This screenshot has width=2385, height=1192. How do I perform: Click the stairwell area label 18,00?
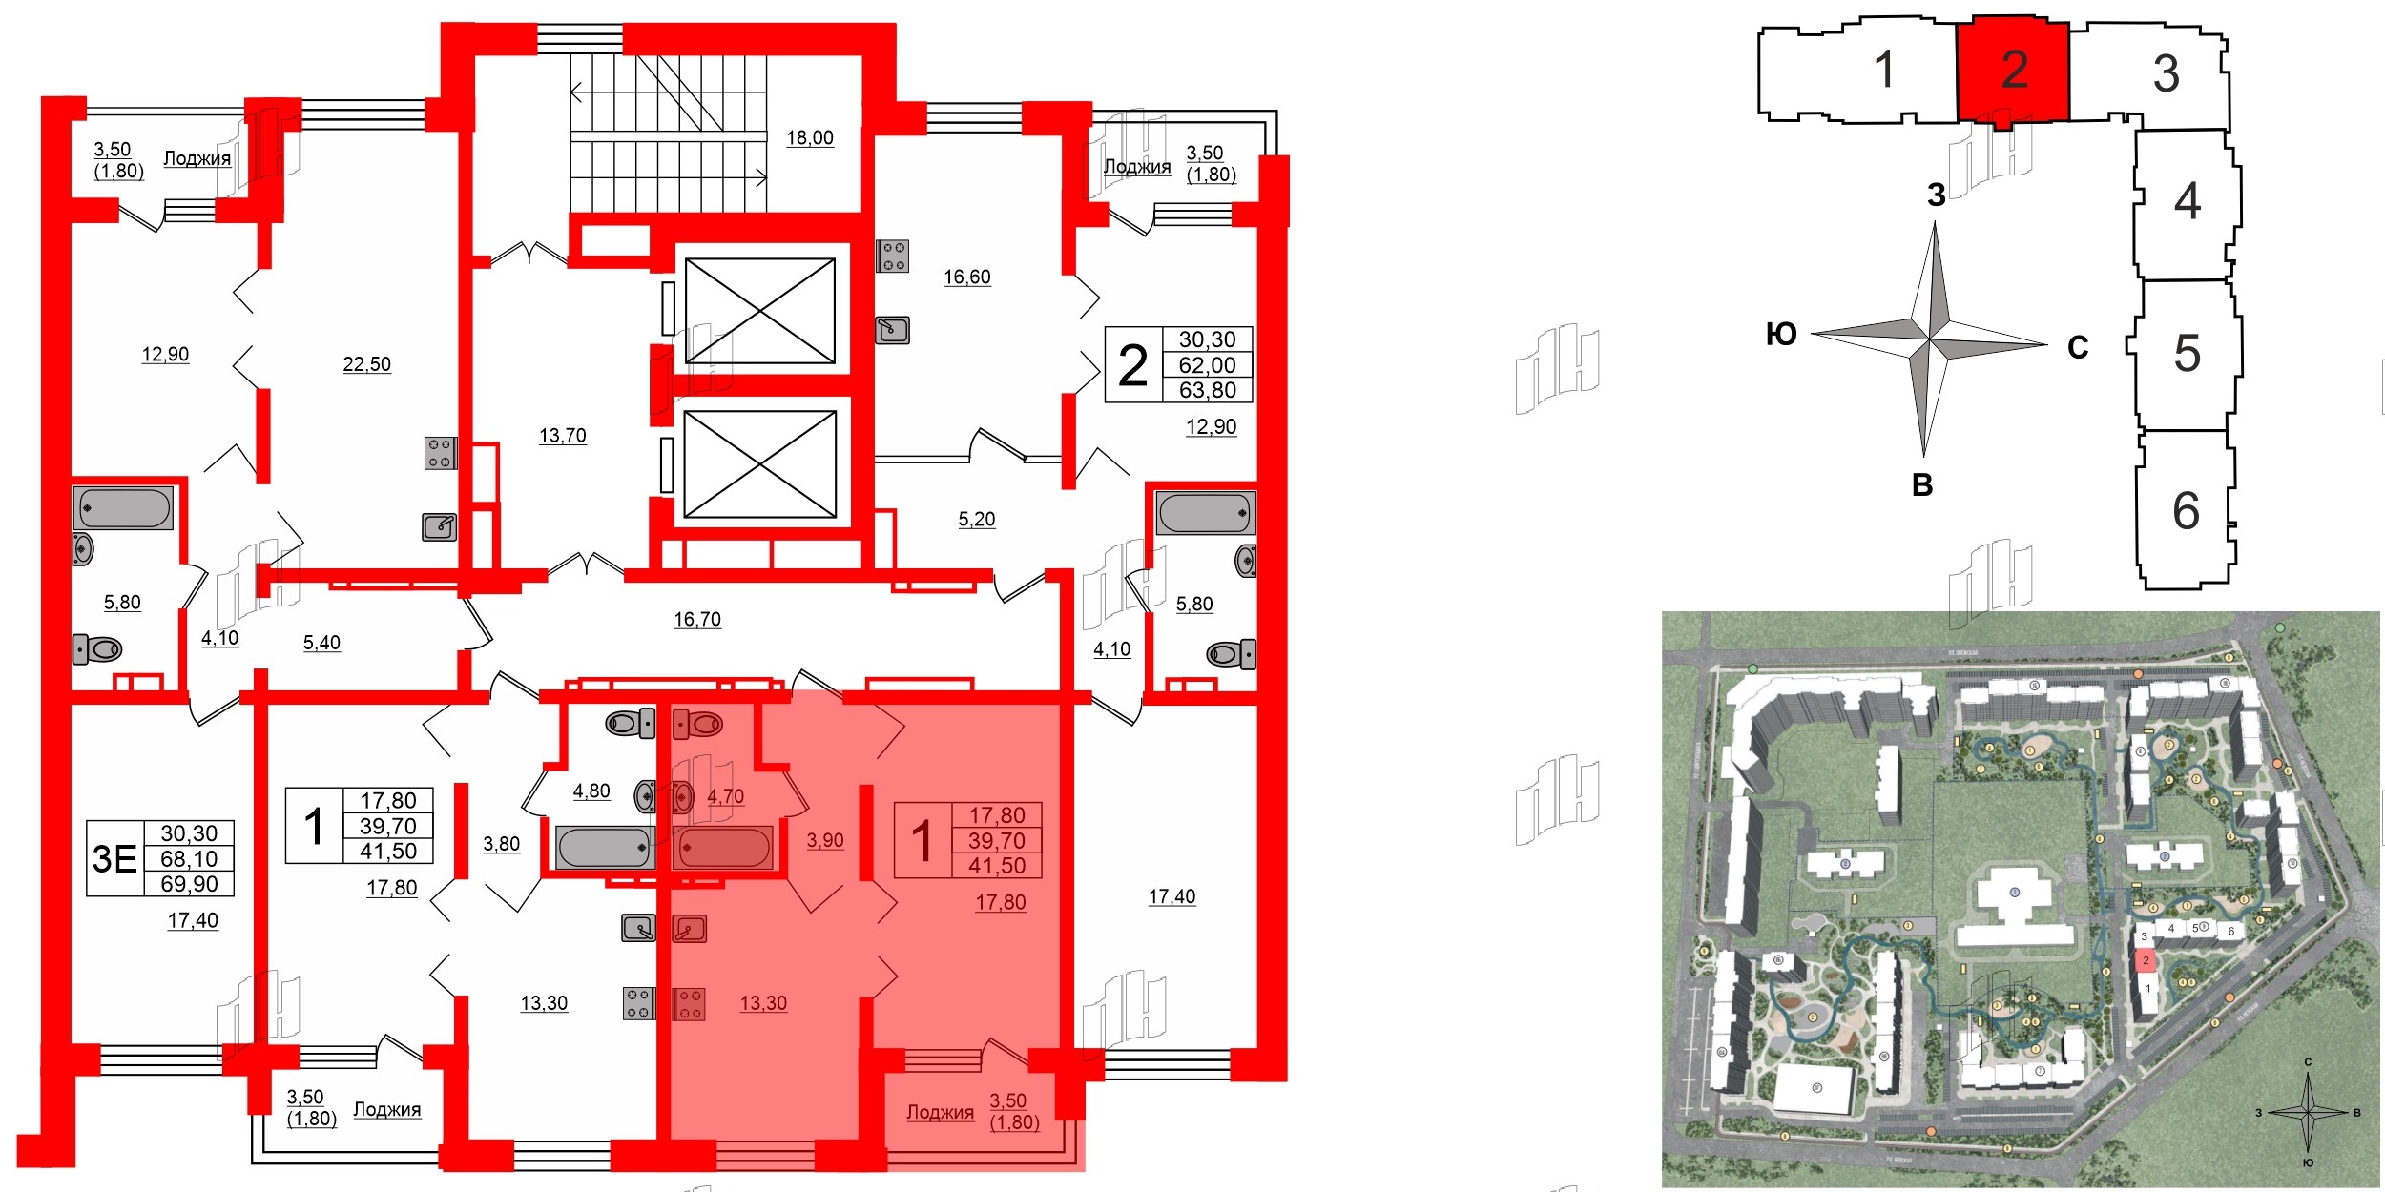pyautogui.click(x=809, y=138)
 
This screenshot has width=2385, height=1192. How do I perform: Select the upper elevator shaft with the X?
pyautogui.click(x=759, y=311)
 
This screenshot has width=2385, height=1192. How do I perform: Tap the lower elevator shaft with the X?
pyautogui.click(x=759, y=464)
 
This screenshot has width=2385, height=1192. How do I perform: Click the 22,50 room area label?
pyautogui.click(x=366, y=364)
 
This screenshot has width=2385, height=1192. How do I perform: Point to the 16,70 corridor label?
pyautogui.click(x=696, y=620)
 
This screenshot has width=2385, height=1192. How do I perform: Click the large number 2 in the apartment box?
pyautogui.click(x=1132, y=366)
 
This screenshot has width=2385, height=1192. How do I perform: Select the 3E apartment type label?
pyautogui.click(x=114, y=859)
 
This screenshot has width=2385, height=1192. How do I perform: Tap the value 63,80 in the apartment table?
pyautogui.click(x=1207, y=390)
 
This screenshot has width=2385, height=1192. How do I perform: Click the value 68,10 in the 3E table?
pyautogui.click(x=189, y=859)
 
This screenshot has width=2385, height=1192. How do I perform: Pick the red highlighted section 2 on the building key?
pyautogui.click(x=2013, y=70)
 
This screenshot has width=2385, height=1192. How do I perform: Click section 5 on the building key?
pyautogui.click(x=2187, y=354)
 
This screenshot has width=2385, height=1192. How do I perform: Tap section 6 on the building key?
pyautogui.click(x=2186, y=511)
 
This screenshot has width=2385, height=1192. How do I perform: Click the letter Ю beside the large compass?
pyautogui.click(x=1781, y=335)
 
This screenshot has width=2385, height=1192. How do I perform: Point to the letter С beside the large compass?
pyautogui.click(x=2078, y=348)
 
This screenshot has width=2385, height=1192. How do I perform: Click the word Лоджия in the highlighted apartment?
pyautogui.click(x=940, y=1113)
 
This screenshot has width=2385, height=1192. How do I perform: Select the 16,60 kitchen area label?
pyautogui.click(x=966, y=277)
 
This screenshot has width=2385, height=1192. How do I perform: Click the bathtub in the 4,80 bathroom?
pyautogui.click(x=603, y=847)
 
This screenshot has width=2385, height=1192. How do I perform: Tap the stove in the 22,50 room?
pyautogui.click(x=440, y=453)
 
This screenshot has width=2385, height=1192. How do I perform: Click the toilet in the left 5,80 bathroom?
pyautogui.click(x=97, y=650)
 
